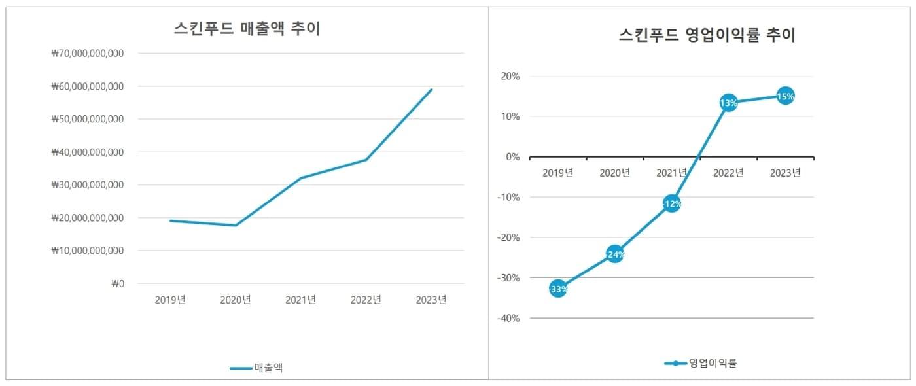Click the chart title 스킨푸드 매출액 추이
[247, 29]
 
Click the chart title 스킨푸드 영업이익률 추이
[707, 35]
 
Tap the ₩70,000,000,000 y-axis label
[88, 54]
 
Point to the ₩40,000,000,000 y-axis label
[88, 152]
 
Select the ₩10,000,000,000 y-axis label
[88, 251]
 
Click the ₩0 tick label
[118, 284]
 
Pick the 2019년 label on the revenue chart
[170, 300]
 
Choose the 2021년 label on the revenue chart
[301, 300]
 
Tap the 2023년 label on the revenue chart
[431, 300]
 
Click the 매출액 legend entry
[256, 368]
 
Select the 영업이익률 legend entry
[701, 363]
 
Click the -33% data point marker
[557, 289]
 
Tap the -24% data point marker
[614, 254]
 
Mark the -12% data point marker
[671, 203]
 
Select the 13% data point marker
[728, 103]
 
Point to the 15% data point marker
[785, 96]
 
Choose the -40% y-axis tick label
[509, 319]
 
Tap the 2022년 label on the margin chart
[728, 173]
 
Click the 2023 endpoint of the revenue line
[432, 90]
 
